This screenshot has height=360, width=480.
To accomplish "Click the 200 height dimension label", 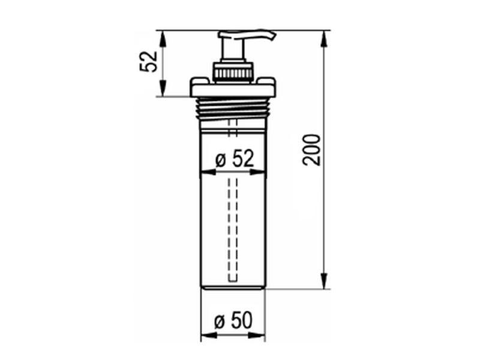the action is click(311, 150).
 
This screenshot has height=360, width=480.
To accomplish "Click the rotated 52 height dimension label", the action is click(149, 62).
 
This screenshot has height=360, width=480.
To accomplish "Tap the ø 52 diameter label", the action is click(235, 159).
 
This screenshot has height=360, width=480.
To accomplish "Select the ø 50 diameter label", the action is click(233, 320).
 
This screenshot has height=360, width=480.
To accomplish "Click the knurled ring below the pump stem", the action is click(233, 73).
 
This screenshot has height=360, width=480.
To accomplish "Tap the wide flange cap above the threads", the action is click(233, 87).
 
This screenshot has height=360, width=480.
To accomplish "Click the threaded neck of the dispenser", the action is click(233, 108).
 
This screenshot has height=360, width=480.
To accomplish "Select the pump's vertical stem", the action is click(233, 49).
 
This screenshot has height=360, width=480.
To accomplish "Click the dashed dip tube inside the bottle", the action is click(233, 230).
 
